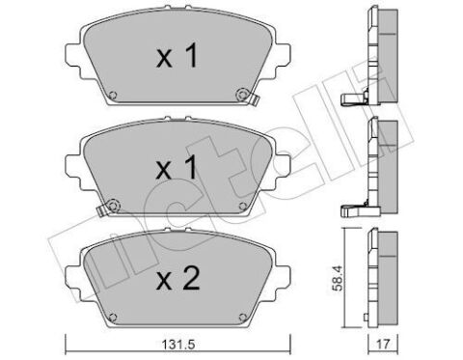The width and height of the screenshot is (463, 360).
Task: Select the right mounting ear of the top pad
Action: [x=281, y=48]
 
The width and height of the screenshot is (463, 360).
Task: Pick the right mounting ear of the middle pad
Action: [x=281, y=156]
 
